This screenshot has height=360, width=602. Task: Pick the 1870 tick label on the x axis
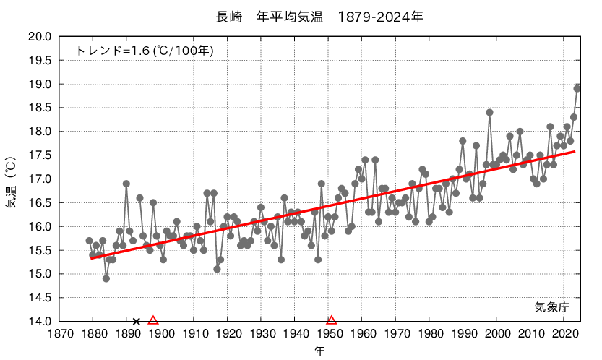click(59, 334)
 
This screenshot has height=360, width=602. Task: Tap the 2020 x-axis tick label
click(565, 334)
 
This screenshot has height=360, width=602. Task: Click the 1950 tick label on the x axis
click(329, 334)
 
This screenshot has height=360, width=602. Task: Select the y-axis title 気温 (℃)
click(12, 181)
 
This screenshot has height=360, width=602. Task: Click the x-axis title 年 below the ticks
click(319, 351)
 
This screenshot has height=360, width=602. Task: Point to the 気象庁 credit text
click(551, 307)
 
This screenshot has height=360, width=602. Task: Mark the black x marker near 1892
click(136, 321)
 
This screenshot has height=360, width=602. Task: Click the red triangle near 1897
click(153, 320)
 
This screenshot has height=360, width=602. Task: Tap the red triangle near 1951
click(332, 320)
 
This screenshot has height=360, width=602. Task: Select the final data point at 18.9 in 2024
click(577, 88)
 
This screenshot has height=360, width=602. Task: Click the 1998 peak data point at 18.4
click(489, 112)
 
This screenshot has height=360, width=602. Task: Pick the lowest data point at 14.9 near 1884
click(106, 278)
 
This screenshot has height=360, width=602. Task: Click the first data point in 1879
click(89, 241)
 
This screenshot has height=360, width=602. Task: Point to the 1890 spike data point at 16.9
click(126, 184)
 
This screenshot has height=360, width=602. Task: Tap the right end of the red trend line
click(575, 152)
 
